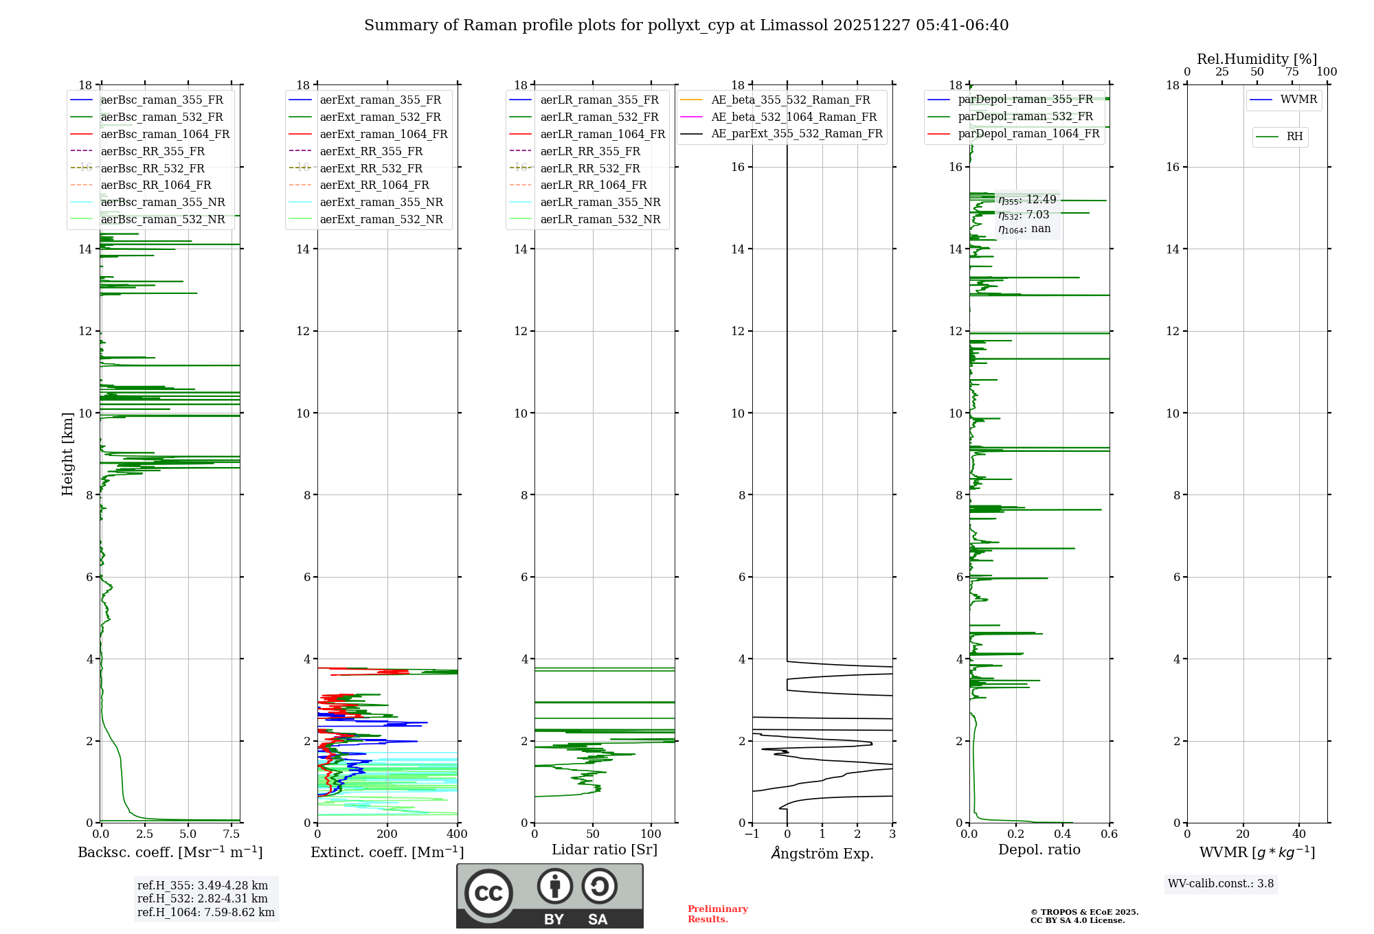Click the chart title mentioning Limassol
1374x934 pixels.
pos(686,25)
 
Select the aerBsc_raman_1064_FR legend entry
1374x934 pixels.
pos(165,134)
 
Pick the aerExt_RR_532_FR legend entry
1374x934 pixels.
pos(371,168)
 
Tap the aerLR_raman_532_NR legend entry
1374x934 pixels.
pos(600,220)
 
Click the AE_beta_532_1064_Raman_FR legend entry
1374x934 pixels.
pos(793,117)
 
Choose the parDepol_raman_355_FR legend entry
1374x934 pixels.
pos(1025,100)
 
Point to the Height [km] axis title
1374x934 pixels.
pos(67,454)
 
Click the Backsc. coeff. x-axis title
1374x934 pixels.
pos(170,852)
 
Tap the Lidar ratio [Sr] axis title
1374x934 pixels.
pos(605,850)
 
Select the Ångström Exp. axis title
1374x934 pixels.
pos(822,854)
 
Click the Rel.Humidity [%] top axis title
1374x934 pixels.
pos(1257,59)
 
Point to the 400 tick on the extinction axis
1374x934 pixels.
pos(458,834)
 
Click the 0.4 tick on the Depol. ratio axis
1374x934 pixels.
pos(1063,834)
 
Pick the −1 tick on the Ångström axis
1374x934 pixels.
pos(752,834)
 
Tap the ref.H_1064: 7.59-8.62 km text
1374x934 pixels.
pos(206,913)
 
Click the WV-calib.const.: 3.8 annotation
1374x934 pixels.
pos(1221,884)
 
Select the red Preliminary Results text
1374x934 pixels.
pos(718,914)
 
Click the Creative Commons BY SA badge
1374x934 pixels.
pos(550,896)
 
